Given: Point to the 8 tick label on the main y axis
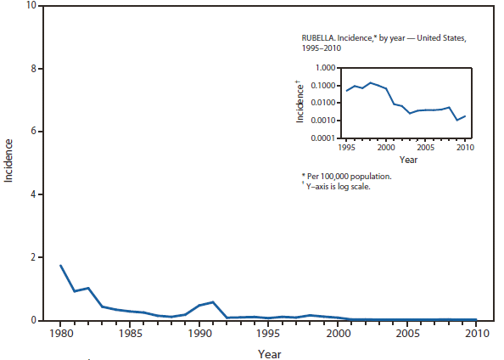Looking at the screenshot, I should (32, 69).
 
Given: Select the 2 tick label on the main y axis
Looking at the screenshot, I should (32, 257).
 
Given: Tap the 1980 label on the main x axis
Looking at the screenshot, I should (60, 334).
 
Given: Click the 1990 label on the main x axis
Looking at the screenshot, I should (199, 334).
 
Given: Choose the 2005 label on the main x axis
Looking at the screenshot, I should (406, 334).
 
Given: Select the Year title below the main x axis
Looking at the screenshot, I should (270, 352).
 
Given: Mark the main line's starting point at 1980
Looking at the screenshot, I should (60, 265).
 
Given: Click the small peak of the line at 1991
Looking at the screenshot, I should (213, 301).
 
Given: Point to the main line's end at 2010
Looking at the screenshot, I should (476, 319).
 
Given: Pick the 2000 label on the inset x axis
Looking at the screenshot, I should (387, 148).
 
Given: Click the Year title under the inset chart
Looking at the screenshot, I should (408, 160).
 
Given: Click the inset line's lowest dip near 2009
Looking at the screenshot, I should (457, 121).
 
